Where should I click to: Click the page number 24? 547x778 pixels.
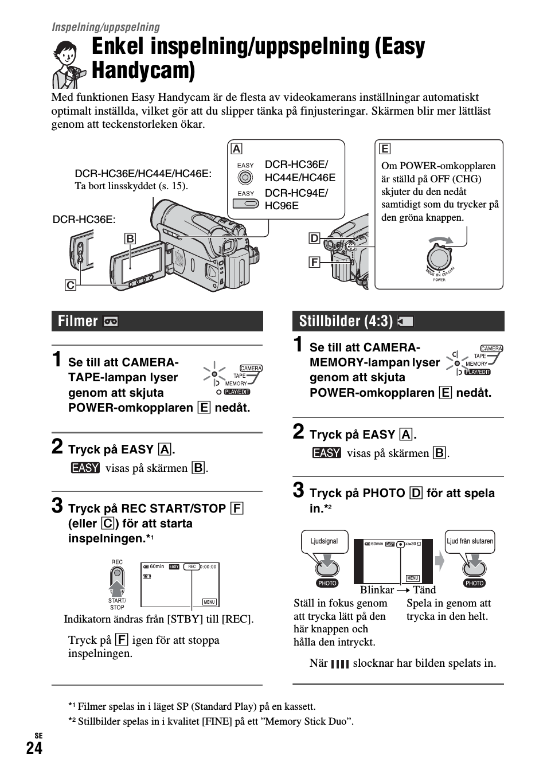34,748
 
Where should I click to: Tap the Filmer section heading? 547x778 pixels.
78,321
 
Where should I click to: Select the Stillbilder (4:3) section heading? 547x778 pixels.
346,321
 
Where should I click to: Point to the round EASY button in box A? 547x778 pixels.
245,177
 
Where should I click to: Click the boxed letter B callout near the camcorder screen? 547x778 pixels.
130,239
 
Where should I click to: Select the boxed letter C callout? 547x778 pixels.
70,284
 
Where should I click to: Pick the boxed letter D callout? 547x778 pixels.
314,239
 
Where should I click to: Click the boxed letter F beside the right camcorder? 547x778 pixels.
314,262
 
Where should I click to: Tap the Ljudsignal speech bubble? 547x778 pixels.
324,541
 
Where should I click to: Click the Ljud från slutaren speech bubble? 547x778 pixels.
470,541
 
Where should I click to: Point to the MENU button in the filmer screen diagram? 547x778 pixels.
209,601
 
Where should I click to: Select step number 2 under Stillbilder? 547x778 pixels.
298,432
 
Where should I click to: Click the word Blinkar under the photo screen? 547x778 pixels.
377,589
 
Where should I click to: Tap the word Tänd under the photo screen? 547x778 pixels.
424,589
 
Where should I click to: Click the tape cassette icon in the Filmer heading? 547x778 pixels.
111,322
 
